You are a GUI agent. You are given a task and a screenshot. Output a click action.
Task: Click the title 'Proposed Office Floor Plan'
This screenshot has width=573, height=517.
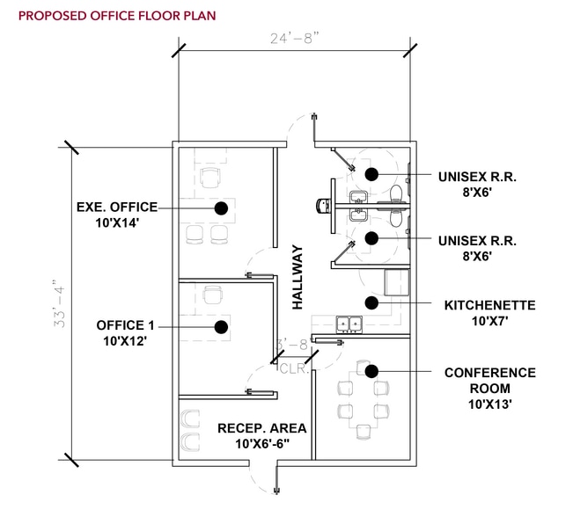[x=116, y=15]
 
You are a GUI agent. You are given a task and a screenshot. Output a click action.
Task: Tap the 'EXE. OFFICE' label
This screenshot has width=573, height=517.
[x=117, y=208]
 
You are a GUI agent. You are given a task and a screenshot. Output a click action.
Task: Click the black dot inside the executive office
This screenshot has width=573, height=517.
[x=222, y=208]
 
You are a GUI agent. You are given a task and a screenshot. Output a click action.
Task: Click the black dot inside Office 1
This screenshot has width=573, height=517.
[x=218, y=326]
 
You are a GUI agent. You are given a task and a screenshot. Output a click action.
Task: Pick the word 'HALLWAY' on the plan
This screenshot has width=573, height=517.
[x=298, y=276]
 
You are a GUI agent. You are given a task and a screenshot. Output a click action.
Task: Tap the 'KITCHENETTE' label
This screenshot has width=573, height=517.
[x=490, y=305]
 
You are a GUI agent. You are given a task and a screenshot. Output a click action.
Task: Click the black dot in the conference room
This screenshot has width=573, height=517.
[x=371, y=370]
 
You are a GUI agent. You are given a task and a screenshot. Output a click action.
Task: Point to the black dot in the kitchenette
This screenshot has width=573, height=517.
[x=371, y=302]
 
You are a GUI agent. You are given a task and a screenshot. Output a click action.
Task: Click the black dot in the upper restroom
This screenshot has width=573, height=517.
[x=371, y=174]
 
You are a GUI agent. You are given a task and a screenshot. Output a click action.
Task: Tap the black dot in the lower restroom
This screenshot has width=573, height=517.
[x=371, y=237]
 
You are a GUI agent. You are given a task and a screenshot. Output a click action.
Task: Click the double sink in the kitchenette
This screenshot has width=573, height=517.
[x=348, y=324]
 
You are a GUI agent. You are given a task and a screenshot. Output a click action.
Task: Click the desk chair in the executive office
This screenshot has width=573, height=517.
[x=209, y=178]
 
